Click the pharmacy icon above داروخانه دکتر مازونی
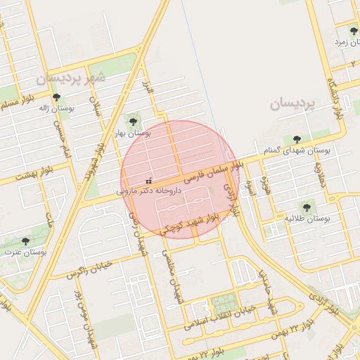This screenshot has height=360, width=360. pos(148,180)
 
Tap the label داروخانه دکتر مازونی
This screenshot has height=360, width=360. pos(149,191)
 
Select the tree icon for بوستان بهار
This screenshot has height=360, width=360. pos(133,122)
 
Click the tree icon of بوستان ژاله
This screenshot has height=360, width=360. pos(56,98)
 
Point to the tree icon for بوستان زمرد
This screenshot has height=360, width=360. pos(353,31)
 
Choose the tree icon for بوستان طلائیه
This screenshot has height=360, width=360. pos(306,207)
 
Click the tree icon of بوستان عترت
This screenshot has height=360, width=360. pos(25,241)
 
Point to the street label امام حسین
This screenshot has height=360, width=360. pos(58,133)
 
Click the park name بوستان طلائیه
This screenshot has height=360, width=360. pos(307,219)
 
